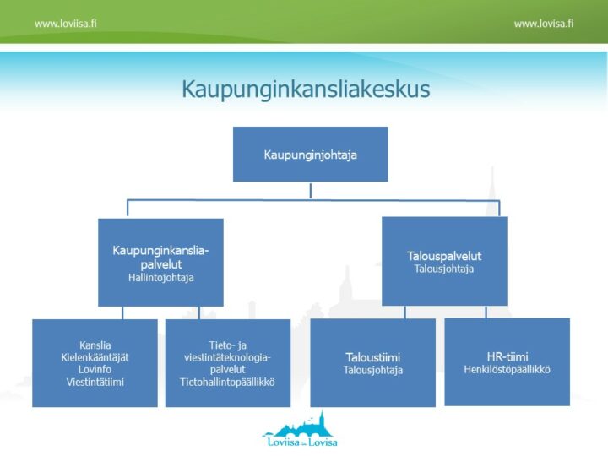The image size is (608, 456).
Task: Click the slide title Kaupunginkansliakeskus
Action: point(305,90)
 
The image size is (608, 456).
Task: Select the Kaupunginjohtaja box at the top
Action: point(310,155)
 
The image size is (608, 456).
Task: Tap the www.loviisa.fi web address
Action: point(65,24)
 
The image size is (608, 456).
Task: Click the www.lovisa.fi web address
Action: point(543,24)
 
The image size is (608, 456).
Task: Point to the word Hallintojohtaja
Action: point(160,277)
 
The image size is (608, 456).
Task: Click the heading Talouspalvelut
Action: point(443,256)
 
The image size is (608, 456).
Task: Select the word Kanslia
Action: point(95,345)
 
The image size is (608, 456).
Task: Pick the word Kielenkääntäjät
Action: point(95,357)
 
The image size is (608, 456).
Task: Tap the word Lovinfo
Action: point(95,369)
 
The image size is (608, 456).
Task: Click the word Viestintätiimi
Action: point(95,381)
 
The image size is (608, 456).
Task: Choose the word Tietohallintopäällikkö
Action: point(227,382)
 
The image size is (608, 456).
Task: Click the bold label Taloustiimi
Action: point(372,356)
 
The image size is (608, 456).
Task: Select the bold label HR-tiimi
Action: point(507,356)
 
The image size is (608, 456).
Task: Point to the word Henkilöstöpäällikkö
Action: point(507,369)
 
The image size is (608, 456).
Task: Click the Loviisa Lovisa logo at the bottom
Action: point(301,431)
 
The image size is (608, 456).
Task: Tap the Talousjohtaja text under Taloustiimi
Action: point(372,370)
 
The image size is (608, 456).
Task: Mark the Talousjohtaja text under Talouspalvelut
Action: point(443,269)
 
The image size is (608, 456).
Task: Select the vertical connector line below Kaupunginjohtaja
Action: point(310,190)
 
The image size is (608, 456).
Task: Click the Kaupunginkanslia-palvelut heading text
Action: point(160,257)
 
